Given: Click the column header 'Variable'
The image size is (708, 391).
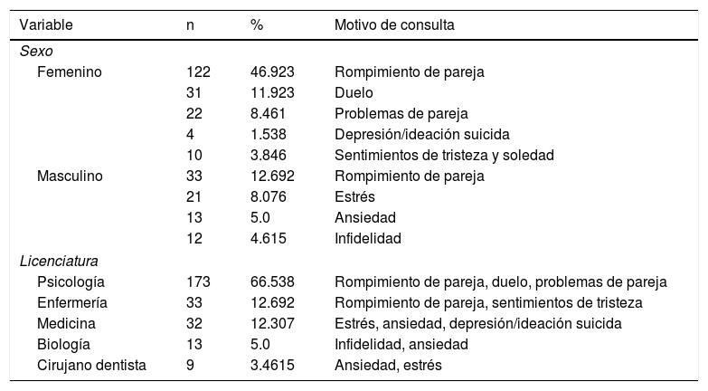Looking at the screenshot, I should point(46,25).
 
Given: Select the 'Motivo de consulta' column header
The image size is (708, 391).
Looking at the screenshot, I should point(394,25).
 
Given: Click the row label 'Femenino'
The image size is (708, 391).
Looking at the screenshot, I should point(69,72).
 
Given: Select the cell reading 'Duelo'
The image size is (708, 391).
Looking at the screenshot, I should point(353,92).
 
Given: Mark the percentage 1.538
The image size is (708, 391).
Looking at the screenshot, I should point(269,134).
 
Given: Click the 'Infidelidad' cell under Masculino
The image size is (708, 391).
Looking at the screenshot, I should point(368,238).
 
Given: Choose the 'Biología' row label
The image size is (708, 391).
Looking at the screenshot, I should point(65,344).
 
